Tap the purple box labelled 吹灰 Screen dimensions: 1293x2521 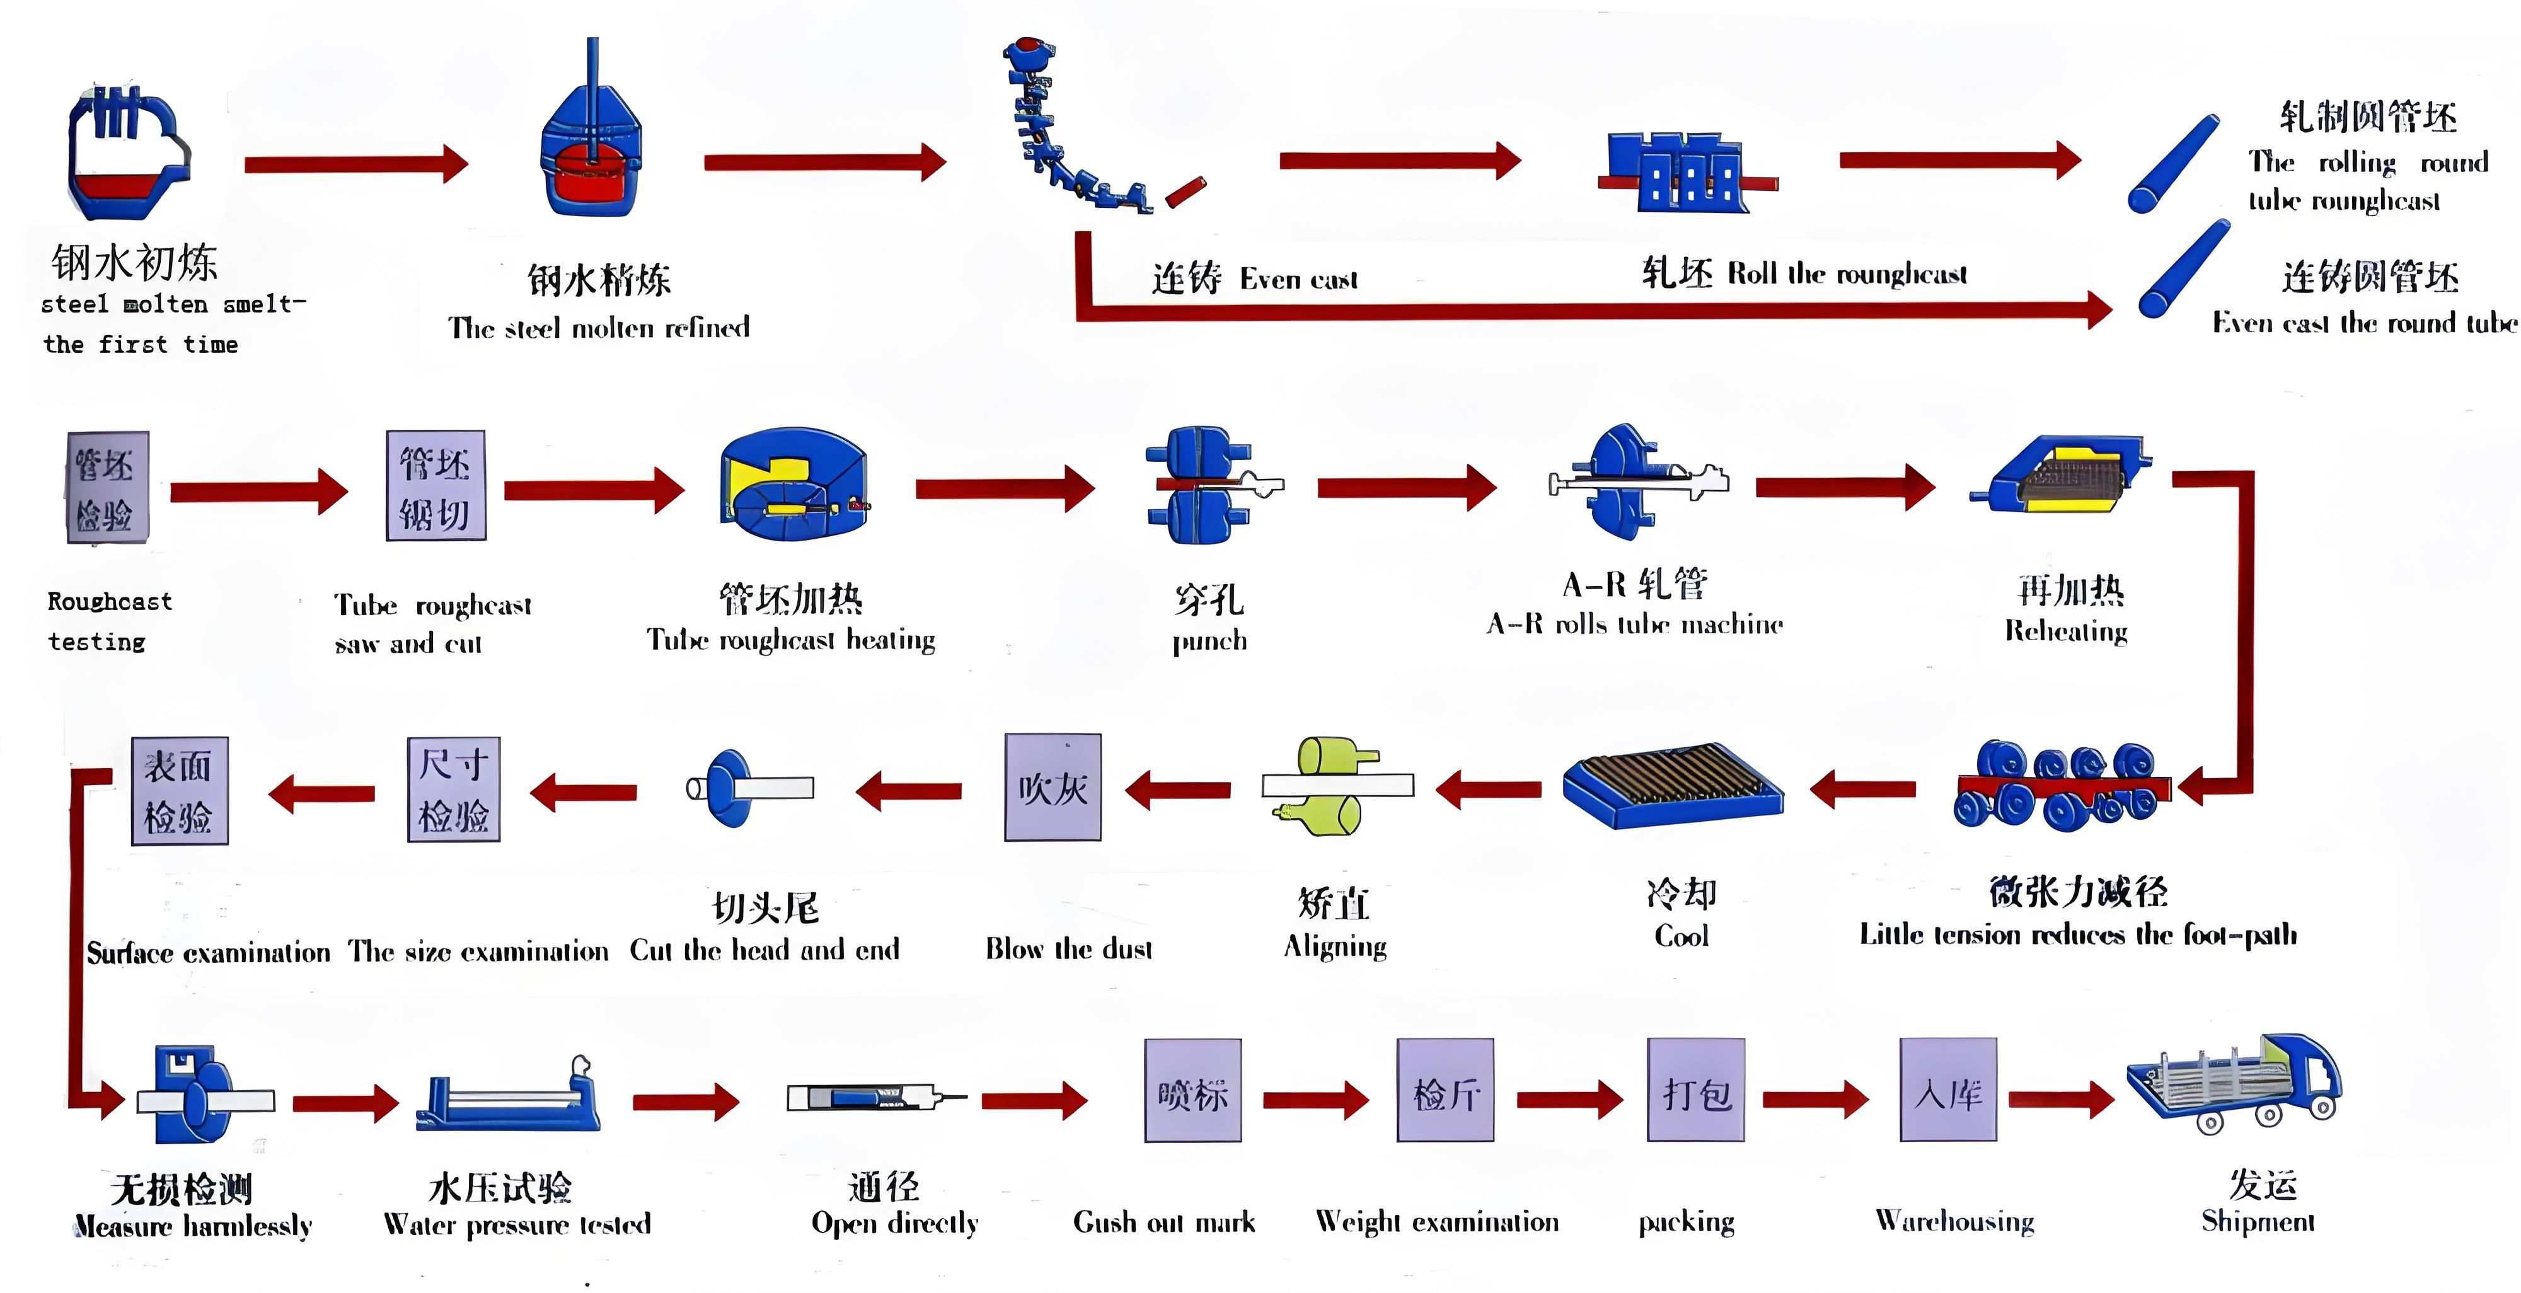click(1053, 787)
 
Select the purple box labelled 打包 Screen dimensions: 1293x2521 click(1696, 1090)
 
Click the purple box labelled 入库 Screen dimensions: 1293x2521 click(1947, 1090)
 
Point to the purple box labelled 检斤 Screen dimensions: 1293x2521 click(1445, 1090)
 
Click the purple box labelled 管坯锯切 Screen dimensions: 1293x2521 click(436, 485)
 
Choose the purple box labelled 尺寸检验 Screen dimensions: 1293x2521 click(453, 789)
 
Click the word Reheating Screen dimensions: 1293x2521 click(2066, 631)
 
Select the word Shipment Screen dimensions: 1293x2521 click(2258, 1222)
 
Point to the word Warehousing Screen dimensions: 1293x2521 click(1954, 1222)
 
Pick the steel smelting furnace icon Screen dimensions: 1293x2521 click(127, 152)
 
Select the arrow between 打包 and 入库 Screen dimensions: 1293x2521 click(1815, 1099)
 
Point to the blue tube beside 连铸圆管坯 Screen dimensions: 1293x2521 click(2183, 269)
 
